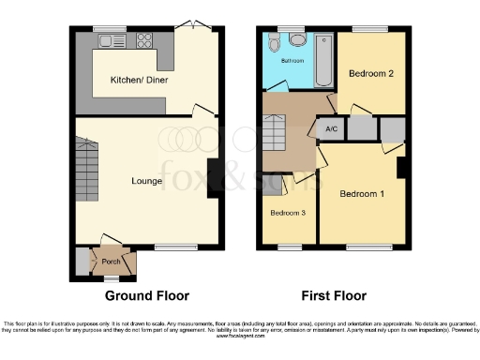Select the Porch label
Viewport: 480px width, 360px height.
click(112, 262)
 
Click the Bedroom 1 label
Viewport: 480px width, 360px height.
click(363, 194)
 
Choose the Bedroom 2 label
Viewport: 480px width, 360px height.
click(370, 73)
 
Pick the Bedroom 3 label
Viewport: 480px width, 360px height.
click(289, 213)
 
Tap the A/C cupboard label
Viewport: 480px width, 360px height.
click(331, 129)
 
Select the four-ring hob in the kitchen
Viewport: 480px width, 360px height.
click(146, 40)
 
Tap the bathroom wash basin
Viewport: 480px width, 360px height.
click(274, 43)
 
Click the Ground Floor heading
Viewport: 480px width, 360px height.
click(146, 295)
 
